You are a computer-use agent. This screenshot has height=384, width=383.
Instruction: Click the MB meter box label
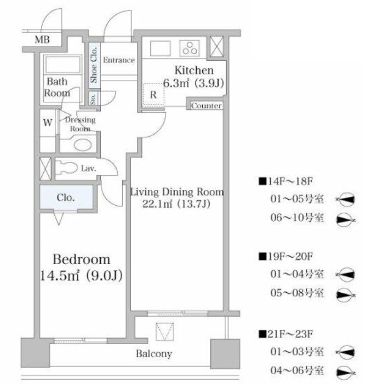(x=42, y=39)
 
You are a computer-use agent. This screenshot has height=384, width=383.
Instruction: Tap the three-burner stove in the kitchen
(x=190, y=48)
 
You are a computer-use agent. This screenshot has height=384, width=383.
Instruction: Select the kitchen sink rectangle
(x=160, y=48)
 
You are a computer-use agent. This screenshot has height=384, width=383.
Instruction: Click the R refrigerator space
(x=153, y=94)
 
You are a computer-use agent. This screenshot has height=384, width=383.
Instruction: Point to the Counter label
(x=207, y=106)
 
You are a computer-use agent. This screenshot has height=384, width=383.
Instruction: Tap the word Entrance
(x=119, y=60)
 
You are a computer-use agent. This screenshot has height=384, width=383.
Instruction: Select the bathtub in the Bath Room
(x=63, y=64)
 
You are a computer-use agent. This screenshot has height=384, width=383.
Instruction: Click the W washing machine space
(x=48, y=122)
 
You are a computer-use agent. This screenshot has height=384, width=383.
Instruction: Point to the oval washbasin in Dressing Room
(x=83, y=145)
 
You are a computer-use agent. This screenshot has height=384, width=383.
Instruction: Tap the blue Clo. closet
(x=66, y=197)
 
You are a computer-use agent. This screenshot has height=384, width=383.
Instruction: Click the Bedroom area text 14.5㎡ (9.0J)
(x=81, y=276)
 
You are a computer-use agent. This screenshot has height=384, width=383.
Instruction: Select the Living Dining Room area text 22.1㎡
(x=157, y=203)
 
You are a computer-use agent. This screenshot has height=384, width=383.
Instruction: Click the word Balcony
(x=154, y=353)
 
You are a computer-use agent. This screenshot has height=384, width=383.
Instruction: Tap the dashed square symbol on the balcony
(x=165, y=332)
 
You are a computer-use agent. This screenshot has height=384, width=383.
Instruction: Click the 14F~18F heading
(x=286, y=182)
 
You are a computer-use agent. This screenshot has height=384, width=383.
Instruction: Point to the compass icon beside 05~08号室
(x=346, y=295)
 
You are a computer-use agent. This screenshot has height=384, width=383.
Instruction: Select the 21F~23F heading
(x=286, y=334)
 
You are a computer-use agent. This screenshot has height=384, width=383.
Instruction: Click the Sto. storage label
(x=93, y=98)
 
